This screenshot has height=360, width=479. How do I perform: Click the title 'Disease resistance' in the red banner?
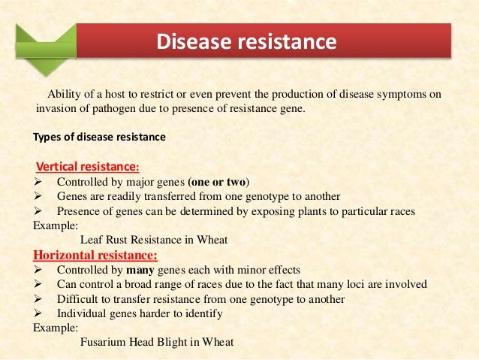tap(246, 41)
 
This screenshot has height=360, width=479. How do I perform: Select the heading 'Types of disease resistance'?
tap(100, 138)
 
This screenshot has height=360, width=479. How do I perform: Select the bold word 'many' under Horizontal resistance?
tap(139, 270)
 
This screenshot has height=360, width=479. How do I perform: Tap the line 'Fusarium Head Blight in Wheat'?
tap(157, 341)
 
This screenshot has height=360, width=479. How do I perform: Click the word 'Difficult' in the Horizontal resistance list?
tap(78, 299)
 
